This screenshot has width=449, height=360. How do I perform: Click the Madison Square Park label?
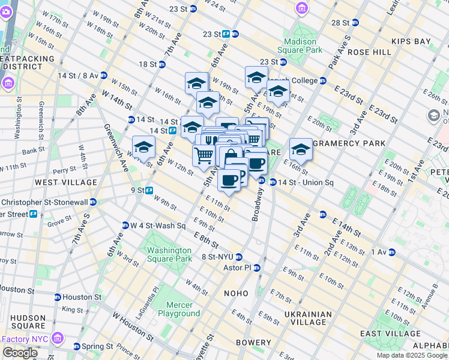click(x=300, y=46)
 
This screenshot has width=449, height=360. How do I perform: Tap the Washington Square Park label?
click(x=169, y=254)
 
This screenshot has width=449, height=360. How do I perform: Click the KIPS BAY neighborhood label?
click(x=411, y=41)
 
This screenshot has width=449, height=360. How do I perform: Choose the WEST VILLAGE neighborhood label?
click(x=66, y=182)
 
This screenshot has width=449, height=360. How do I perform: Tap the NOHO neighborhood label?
click(x=235, y=293)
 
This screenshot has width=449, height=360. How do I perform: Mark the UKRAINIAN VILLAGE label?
click(x=308, y=319)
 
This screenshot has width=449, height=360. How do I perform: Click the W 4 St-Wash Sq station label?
click(x=154, y=226)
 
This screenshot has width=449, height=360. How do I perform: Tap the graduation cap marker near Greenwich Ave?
click(x=144, y=148)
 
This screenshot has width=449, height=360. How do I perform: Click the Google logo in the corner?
click(x=19, y=353)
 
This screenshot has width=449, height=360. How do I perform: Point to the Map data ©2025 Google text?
click(x=411, y=355)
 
